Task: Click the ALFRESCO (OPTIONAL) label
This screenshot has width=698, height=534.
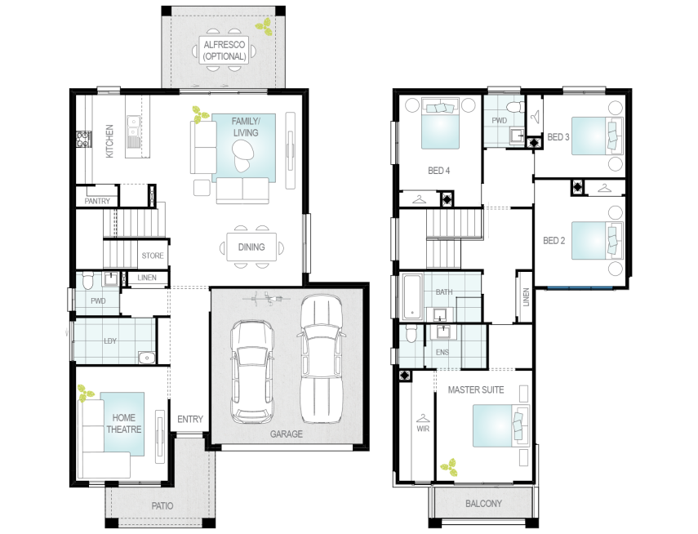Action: click(x=225, y=51)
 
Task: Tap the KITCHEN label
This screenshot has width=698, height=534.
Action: click(x=109, y=140)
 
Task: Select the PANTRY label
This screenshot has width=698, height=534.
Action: click(x=97, y=202)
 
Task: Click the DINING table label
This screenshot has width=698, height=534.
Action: click(x=251, y=247)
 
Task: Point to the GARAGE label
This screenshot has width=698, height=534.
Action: click(x=287, y=434)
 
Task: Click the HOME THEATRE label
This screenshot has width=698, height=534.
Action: click(x=124, y=424)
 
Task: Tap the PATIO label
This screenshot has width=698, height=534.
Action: click(x=162, y=506)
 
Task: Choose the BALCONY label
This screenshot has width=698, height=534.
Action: click(x=483, y=504)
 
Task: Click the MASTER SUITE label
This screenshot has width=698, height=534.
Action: click(x=476, y=389)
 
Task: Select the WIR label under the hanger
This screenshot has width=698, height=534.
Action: click(x=423, y=429)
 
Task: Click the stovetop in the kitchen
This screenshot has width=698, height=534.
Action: click(x=83, y=139)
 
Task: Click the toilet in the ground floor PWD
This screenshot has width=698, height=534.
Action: click(x=87, y=280)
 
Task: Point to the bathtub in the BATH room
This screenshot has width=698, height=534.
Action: click(x=412, y=297)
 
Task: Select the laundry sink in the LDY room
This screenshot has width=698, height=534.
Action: click(x=146, y=357)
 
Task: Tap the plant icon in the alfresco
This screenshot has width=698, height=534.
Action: click(x=264, y=26)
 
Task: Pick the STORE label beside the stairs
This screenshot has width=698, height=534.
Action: click(x=153, y=256)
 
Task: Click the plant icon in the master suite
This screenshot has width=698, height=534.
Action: click(x=449, y=467)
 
